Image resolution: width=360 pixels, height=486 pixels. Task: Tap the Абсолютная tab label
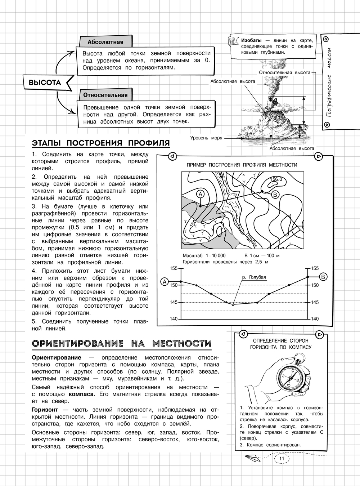click(x=105, y=42)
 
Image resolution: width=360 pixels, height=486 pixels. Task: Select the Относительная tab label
click(x=105, y=95)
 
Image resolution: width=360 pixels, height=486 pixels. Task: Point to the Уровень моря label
click(x=206, y=138)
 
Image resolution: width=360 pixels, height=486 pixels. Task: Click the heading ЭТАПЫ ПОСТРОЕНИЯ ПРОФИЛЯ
click(x=101, y=143)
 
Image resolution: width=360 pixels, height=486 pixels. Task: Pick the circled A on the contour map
click(x=200, y=194)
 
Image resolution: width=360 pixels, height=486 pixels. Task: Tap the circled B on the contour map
click(x=275, y=195)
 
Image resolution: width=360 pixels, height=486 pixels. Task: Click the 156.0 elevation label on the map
click(x=276, y=179)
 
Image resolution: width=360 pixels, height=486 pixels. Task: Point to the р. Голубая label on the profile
click(x=254, y=277)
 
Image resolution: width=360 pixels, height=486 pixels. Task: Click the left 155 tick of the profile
click(x=174, y=268)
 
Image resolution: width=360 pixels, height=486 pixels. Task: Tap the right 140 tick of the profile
click(x=315, y=319)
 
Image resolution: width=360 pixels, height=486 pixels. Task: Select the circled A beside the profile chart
click(x=165, y=282)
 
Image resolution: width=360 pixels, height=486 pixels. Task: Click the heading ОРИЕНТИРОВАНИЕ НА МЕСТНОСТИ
click(x=122, y=343)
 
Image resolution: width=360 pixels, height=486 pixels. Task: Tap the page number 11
click(x=282, y=458)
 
